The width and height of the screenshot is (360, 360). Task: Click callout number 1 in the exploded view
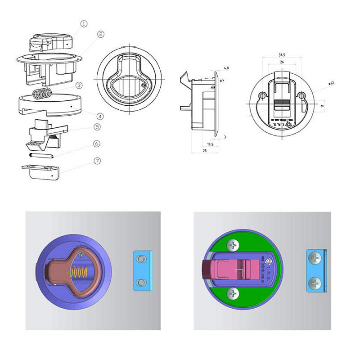pos(83,23)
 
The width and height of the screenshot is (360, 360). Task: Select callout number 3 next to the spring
pos(79,85)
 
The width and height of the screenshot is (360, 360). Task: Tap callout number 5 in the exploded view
pos(97,127)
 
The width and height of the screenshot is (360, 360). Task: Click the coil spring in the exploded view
pos(43,94)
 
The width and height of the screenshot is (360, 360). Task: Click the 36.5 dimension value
pos(282,55)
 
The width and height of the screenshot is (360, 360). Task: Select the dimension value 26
pos(282,62)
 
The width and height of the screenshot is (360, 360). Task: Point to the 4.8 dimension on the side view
pos(226,68)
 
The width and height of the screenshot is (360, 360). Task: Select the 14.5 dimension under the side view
pos(210,144)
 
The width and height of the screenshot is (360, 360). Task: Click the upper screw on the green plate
pos(233,246)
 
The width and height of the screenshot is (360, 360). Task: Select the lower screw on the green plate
pos(233,294)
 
